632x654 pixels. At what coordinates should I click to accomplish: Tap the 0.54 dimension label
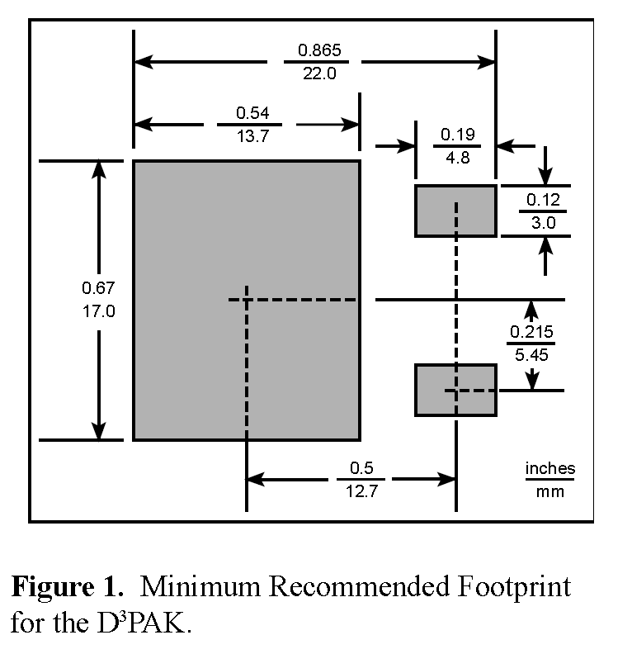click(x=252, y=112)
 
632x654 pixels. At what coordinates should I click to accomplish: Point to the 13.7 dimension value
click(x=252, y=136)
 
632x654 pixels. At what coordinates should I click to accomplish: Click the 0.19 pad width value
click(x=457, y=134)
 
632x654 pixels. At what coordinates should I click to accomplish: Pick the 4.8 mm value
click(x=457, y=158)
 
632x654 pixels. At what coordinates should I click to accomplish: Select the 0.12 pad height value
click(x=544, y=199)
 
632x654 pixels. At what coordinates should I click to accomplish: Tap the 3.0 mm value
click(x=544, y=223)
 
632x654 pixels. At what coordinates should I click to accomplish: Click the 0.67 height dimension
click(x=98, y=287)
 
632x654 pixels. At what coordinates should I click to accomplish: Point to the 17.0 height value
click(x=98, y=312)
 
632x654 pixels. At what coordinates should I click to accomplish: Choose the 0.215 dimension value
click(x=531, y=331)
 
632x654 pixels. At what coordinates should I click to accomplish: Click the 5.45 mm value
click(x=531, y=355)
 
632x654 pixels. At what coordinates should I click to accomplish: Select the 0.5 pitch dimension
click(x=361, y=467)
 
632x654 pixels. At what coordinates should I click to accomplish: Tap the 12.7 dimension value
click(x=361, y=492)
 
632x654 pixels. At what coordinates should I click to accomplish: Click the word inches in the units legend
click(x=550, y=468)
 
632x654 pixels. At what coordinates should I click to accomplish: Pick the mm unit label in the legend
click(x=550, y=492)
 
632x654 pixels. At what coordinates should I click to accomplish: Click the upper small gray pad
click(x=455, y=211)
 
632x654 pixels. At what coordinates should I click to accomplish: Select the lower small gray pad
click(x=455, y=390)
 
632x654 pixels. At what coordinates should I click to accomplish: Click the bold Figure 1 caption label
click(x=68, y=587)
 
